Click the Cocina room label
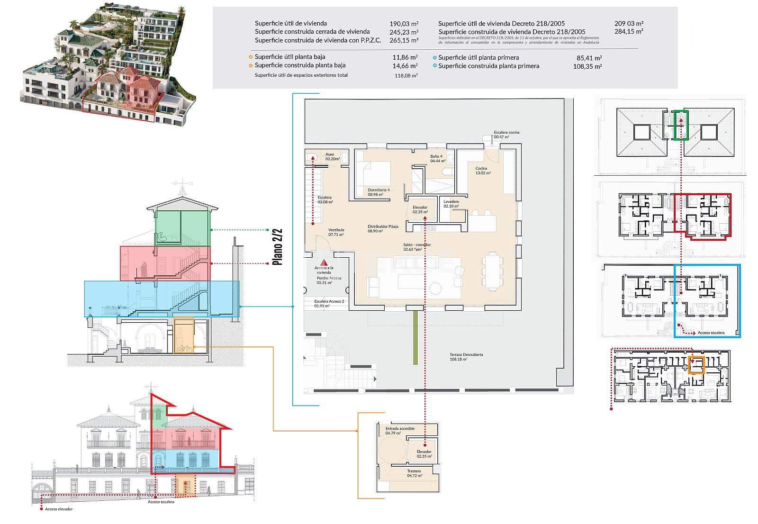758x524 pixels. pyautogui.click(x=482, y=169)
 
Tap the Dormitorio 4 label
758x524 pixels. pyautogui.click(x=379, y=190)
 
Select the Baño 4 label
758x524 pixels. pyautogui.click(x=436, y=156)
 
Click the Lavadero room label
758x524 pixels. pyautogui.click(x=451, y=201)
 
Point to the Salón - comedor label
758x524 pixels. pyautogui.click(x=417, y=245)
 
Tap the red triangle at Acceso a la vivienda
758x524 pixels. pyautogui.click(x=324, y=262)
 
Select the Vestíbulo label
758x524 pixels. pyautogui.click(x=336, y=230)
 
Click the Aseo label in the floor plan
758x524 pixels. pyautogui.click(x=330, y=154)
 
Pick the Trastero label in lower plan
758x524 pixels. pyautogui.click(x=414, y=471)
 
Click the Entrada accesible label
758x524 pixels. pyautogui.click(x=400, y=428)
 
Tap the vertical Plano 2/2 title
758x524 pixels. pyautogui.click(x=278, y=247)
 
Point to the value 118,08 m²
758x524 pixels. pyautogui.click(x=406, y=76)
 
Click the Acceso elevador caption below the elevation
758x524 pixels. pyautogui.click(x=59, y=509)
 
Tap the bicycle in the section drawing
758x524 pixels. pyautogui.click(x=184, y=348)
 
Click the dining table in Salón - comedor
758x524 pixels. pyautogui.click(x=492, y=271)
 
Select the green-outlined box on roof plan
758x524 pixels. pyautogui.click(x=681, y=125)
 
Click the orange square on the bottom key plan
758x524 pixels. pyautogui.click(x=696, y=364)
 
